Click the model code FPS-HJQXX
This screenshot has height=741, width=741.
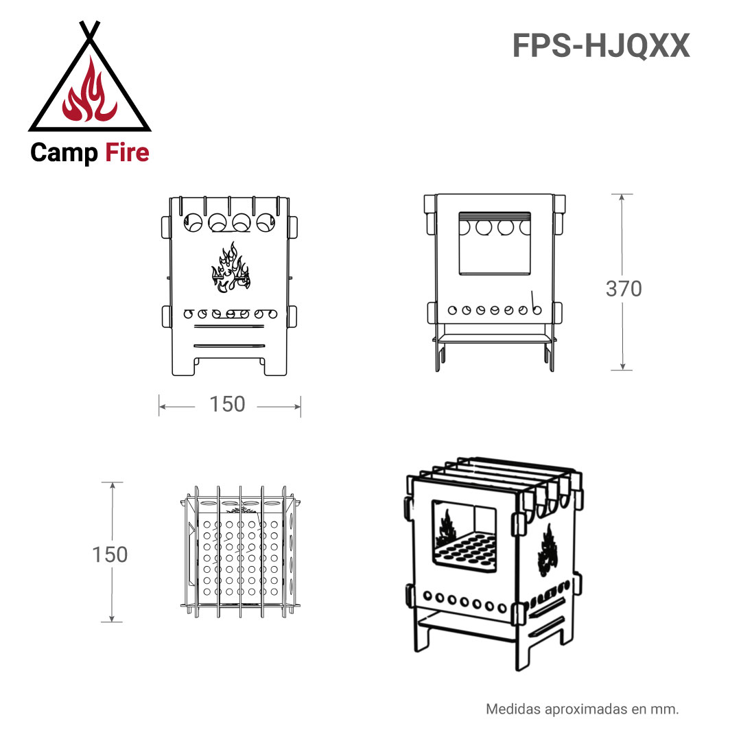coord(601,46)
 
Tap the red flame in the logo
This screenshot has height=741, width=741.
coord(90,91)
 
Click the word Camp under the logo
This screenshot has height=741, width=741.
coord(64,153)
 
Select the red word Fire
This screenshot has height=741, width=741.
coord(127,152)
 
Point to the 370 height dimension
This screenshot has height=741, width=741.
coord(624,289)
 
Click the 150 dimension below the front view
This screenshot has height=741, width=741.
coord(227,405)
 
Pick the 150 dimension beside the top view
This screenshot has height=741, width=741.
coord(110,554)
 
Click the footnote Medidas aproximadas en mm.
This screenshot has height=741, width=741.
coord(583,709)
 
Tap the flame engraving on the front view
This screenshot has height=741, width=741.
coord(231,268)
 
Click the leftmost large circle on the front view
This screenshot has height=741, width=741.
coord(193,222)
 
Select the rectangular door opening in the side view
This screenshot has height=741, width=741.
coord(494,244)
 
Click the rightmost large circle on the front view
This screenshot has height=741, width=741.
coord(265,222)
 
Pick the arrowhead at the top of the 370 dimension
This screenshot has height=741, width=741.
coord(622,198)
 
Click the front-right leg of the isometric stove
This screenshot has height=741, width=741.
coord(522,648)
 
